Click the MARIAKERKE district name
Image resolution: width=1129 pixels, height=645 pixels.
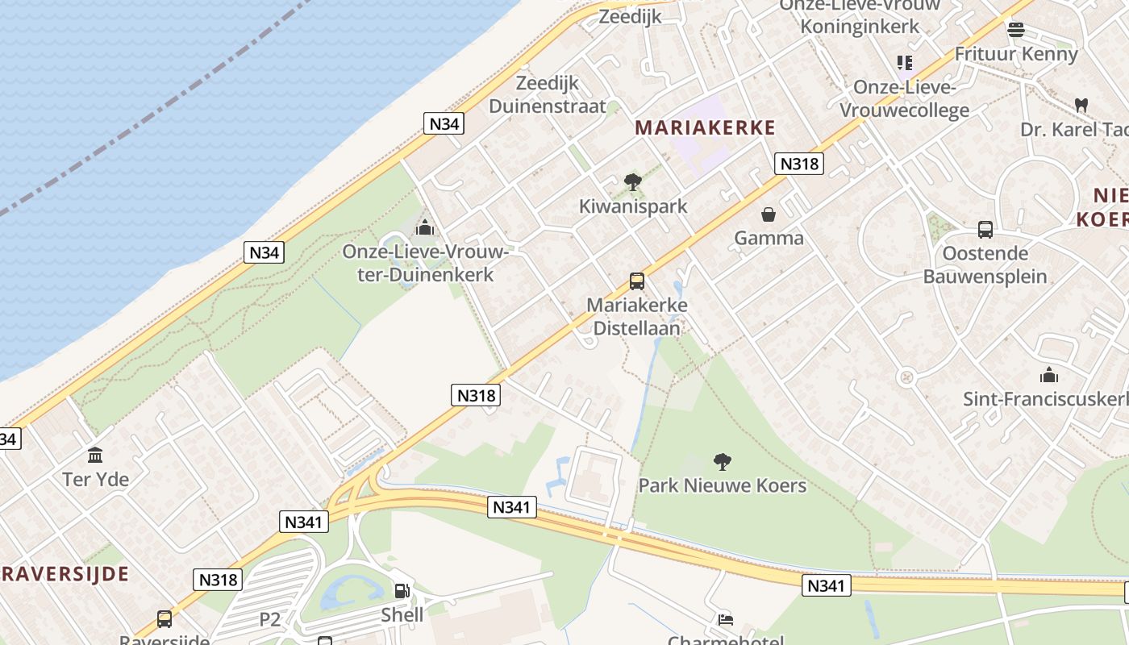705,127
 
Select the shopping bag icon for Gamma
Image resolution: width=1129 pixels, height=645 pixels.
769,214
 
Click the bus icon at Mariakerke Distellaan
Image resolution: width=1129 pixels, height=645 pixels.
637,281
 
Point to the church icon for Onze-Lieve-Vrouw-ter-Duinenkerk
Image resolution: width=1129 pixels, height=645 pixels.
425,228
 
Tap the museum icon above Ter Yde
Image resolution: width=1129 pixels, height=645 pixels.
95,456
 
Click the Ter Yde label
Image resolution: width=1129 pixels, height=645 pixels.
95,479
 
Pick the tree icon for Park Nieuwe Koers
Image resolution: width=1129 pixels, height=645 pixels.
723,462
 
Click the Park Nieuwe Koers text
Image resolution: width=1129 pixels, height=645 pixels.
723,485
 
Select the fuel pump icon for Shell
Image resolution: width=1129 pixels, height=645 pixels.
402,591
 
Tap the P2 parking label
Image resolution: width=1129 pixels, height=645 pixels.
270,619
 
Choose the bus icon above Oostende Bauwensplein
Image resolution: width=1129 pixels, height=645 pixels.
985,230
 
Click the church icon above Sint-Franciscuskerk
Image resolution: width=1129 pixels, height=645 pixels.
1049,375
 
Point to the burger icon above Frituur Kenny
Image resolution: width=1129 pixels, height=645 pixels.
1015,30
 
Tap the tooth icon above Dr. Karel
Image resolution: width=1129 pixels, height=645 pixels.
1081,106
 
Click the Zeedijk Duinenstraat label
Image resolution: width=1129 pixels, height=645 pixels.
548,94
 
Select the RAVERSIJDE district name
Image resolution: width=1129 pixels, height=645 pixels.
65,574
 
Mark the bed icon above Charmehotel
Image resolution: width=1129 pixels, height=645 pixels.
725,620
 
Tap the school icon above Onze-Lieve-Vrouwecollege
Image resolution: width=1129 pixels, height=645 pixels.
905,63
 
